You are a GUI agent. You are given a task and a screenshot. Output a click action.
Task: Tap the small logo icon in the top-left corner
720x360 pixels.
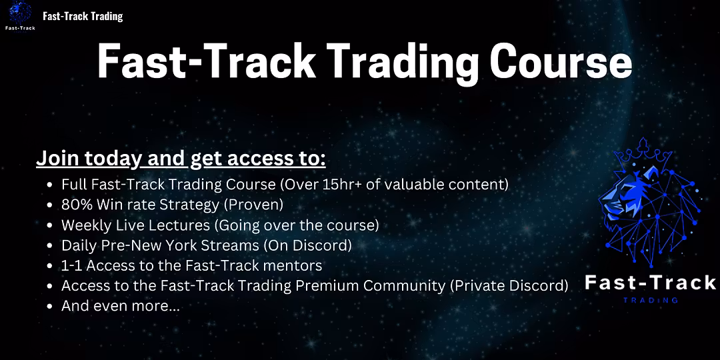click(x=20, y=15)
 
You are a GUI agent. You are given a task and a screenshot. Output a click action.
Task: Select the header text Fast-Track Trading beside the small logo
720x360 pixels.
click(x=83, y=17)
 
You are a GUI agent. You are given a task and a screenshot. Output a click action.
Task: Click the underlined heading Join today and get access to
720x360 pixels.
click(x=181, y=159)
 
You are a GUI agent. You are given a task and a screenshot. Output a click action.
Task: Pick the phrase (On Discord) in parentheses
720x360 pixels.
click(x=307, y=245)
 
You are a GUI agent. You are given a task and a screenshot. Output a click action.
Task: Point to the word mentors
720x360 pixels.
click(x=296, y=265)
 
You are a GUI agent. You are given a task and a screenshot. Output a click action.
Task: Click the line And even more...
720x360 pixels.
click(x=121, y=306)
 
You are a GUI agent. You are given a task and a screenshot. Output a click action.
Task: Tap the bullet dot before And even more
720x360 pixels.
click(x=49, y=307)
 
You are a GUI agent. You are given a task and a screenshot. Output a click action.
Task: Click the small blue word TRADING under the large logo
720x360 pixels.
click(x=650, y=300)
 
